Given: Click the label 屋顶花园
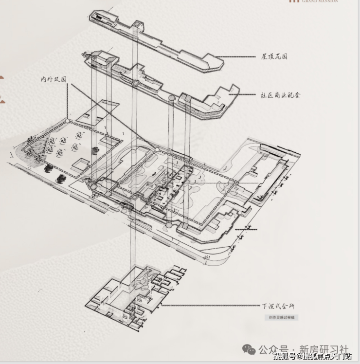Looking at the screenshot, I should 274,56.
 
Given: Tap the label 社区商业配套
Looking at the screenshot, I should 280,94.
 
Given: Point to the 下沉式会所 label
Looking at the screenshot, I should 278,306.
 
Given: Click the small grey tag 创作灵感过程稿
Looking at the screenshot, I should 282,317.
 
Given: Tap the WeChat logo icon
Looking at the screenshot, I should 249,349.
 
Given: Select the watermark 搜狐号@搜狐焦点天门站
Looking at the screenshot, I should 312,357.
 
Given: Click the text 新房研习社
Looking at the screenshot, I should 324,349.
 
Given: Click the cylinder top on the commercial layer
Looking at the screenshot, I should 171,98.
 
